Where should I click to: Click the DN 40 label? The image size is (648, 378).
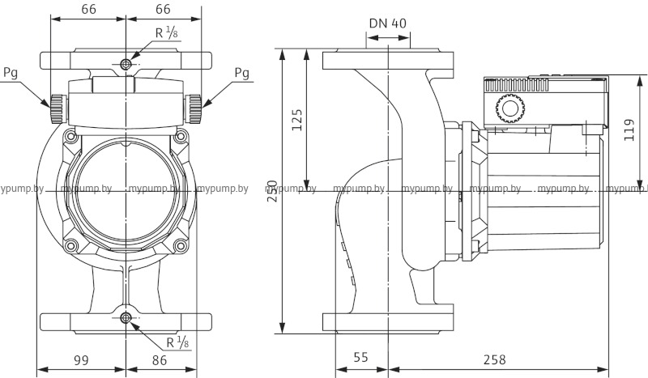point(387,23)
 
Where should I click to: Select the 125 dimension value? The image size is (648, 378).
point(297,121)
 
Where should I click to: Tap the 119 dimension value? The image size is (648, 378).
point(630,127)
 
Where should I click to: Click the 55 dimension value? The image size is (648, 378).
point(361,357)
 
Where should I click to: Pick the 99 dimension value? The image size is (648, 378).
point(82,357)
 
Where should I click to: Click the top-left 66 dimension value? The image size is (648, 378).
point(89,10)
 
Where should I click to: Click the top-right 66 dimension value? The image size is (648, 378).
point(163,10)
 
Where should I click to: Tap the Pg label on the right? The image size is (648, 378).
point(241,73)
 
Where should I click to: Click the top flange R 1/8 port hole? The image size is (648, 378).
point(126,63)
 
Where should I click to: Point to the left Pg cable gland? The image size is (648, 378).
point(57,105)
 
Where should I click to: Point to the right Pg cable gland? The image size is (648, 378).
point(195,105)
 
